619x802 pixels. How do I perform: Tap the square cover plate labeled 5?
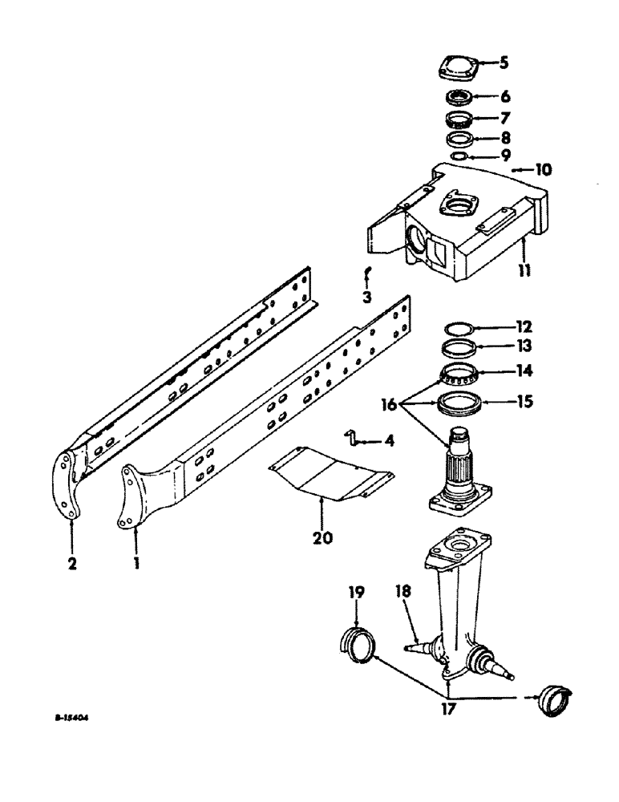tap(459, 69)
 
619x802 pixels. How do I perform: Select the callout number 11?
tap(524, 272)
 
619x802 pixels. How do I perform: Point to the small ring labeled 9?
tap(459, 156)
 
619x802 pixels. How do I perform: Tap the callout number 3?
tap(366, 298)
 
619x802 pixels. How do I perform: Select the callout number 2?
tap(72, 564)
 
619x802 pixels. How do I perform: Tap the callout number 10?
tap(522, 170)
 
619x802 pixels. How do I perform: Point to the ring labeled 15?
tap(461, 402)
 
